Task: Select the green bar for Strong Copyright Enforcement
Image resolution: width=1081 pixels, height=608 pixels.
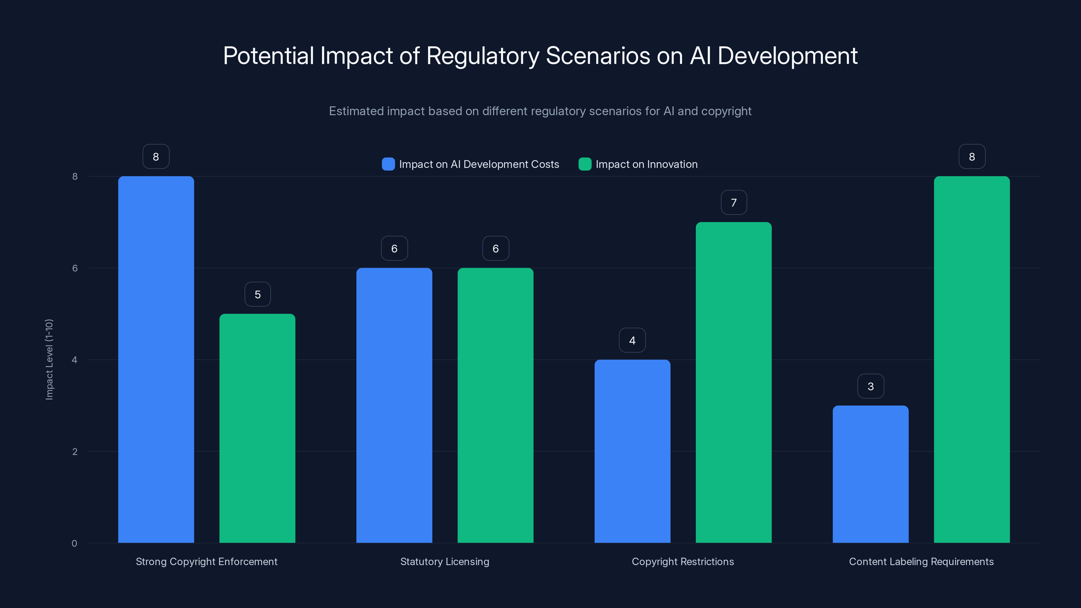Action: tap(257, 428)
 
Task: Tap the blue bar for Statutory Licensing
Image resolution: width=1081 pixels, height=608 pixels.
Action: tap(394, 405)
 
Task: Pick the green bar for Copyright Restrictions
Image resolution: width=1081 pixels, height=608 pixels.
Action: tap(733, 382)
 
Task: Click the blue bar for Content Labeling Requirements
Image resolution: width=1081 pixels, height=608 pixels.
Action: tap(870, 474)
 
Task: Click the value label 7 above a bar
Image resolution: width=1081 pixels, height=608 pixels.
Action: tap(733, 203)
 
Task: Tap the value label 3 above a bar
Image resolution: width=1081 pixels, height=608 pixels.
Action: tap(870, 386)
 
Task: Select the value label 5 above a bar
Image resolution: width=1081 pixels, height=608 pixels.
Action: tap(257, 295)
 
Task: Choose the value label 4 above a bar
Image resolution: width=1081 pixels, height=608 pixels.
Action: tap(632, 340)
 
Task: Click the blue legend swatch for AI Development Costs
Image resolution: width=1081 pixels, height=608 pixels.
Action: tap(388, 164)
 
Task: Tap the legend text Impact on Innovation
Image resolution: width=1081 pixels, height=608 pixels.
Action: tap(646, 164)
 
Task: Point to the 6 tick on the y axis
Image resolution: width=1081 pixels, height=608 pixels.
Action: tap(75, 268)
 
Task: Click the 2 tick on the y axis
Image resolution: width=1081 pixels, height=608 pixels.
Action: tap(75, 452)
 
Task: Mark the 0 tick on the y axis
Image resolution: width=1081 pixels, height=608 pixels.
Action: tap(74, 543)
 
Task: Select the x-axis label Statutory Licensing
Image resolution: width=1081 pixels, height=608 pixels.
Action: tap(445, 561)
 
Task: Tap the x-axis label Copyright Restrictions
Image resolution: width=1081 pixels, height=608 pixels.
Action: tap(683, 561)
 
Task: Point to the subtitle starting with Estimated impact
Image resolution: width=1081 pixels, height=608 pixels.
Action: tap(540, 111)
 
